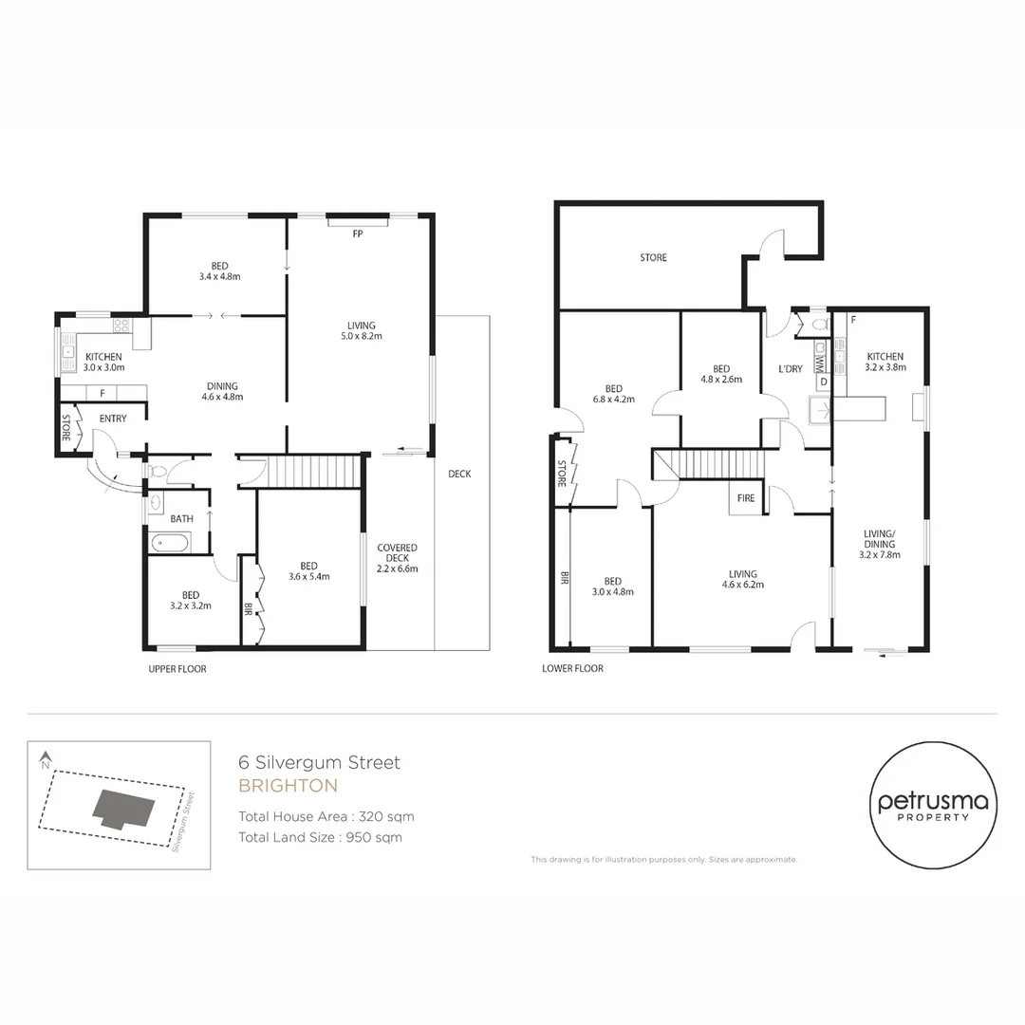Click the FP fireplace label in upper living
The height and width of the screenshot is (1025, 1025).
358,233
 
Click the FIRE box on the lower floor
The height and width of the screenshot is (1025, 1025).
746,497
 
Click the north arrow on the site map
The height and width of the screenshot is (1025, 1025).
45,759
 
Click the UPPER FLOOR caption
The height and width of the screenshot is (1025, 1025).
177,669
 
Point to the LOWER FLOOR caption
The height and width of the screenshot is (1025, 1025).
572,668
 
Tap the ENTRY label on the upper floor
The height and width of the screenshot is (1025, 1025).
113,419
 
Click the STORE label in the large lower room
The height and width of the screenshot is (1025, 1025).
653,258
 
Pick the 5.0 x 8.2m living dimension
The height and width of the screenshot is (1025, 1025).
361,336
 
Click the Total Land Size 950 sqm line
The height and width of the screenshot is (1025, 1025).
320,837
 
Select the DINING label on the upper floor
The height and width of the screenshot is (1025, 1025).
221,386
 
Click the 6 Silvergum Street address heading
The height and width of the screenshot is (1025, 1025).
319,762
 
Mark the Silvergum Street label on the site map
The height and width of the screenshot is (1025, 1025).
184,821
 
